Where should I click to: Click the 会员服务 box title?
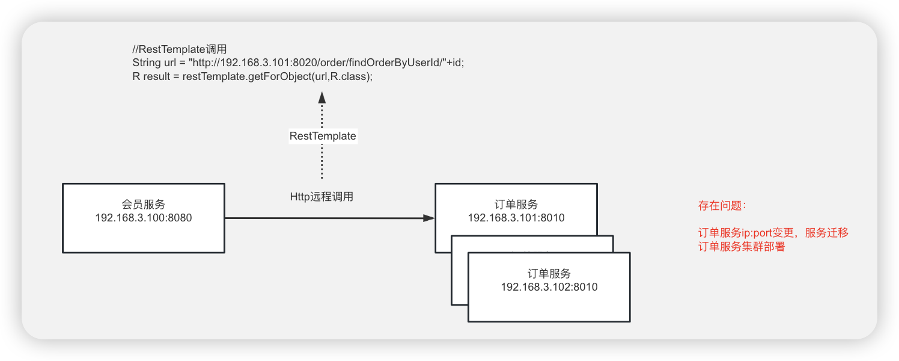143,204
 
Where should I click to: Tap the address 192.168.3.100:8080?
143,218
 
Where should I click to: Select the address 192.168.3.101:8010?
516,218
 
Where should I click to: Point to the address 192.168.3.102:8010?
549,287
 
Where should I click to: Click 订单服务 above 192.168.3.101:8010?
516,205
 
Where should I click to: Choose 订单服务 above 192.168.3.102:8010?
549,274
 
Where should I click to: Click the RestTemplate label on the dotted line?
323,136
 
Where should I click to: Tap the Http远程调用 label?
322,196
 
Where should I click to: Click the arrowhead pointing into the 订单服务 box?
428,218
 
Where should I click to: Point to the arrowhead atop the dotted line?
322,97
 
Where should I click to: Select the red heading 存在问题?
722,206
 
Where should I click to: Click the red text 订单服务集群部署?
742,247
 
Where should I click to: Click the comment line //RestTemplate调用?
179,49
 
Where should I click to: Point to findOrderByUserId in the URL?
378,63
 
